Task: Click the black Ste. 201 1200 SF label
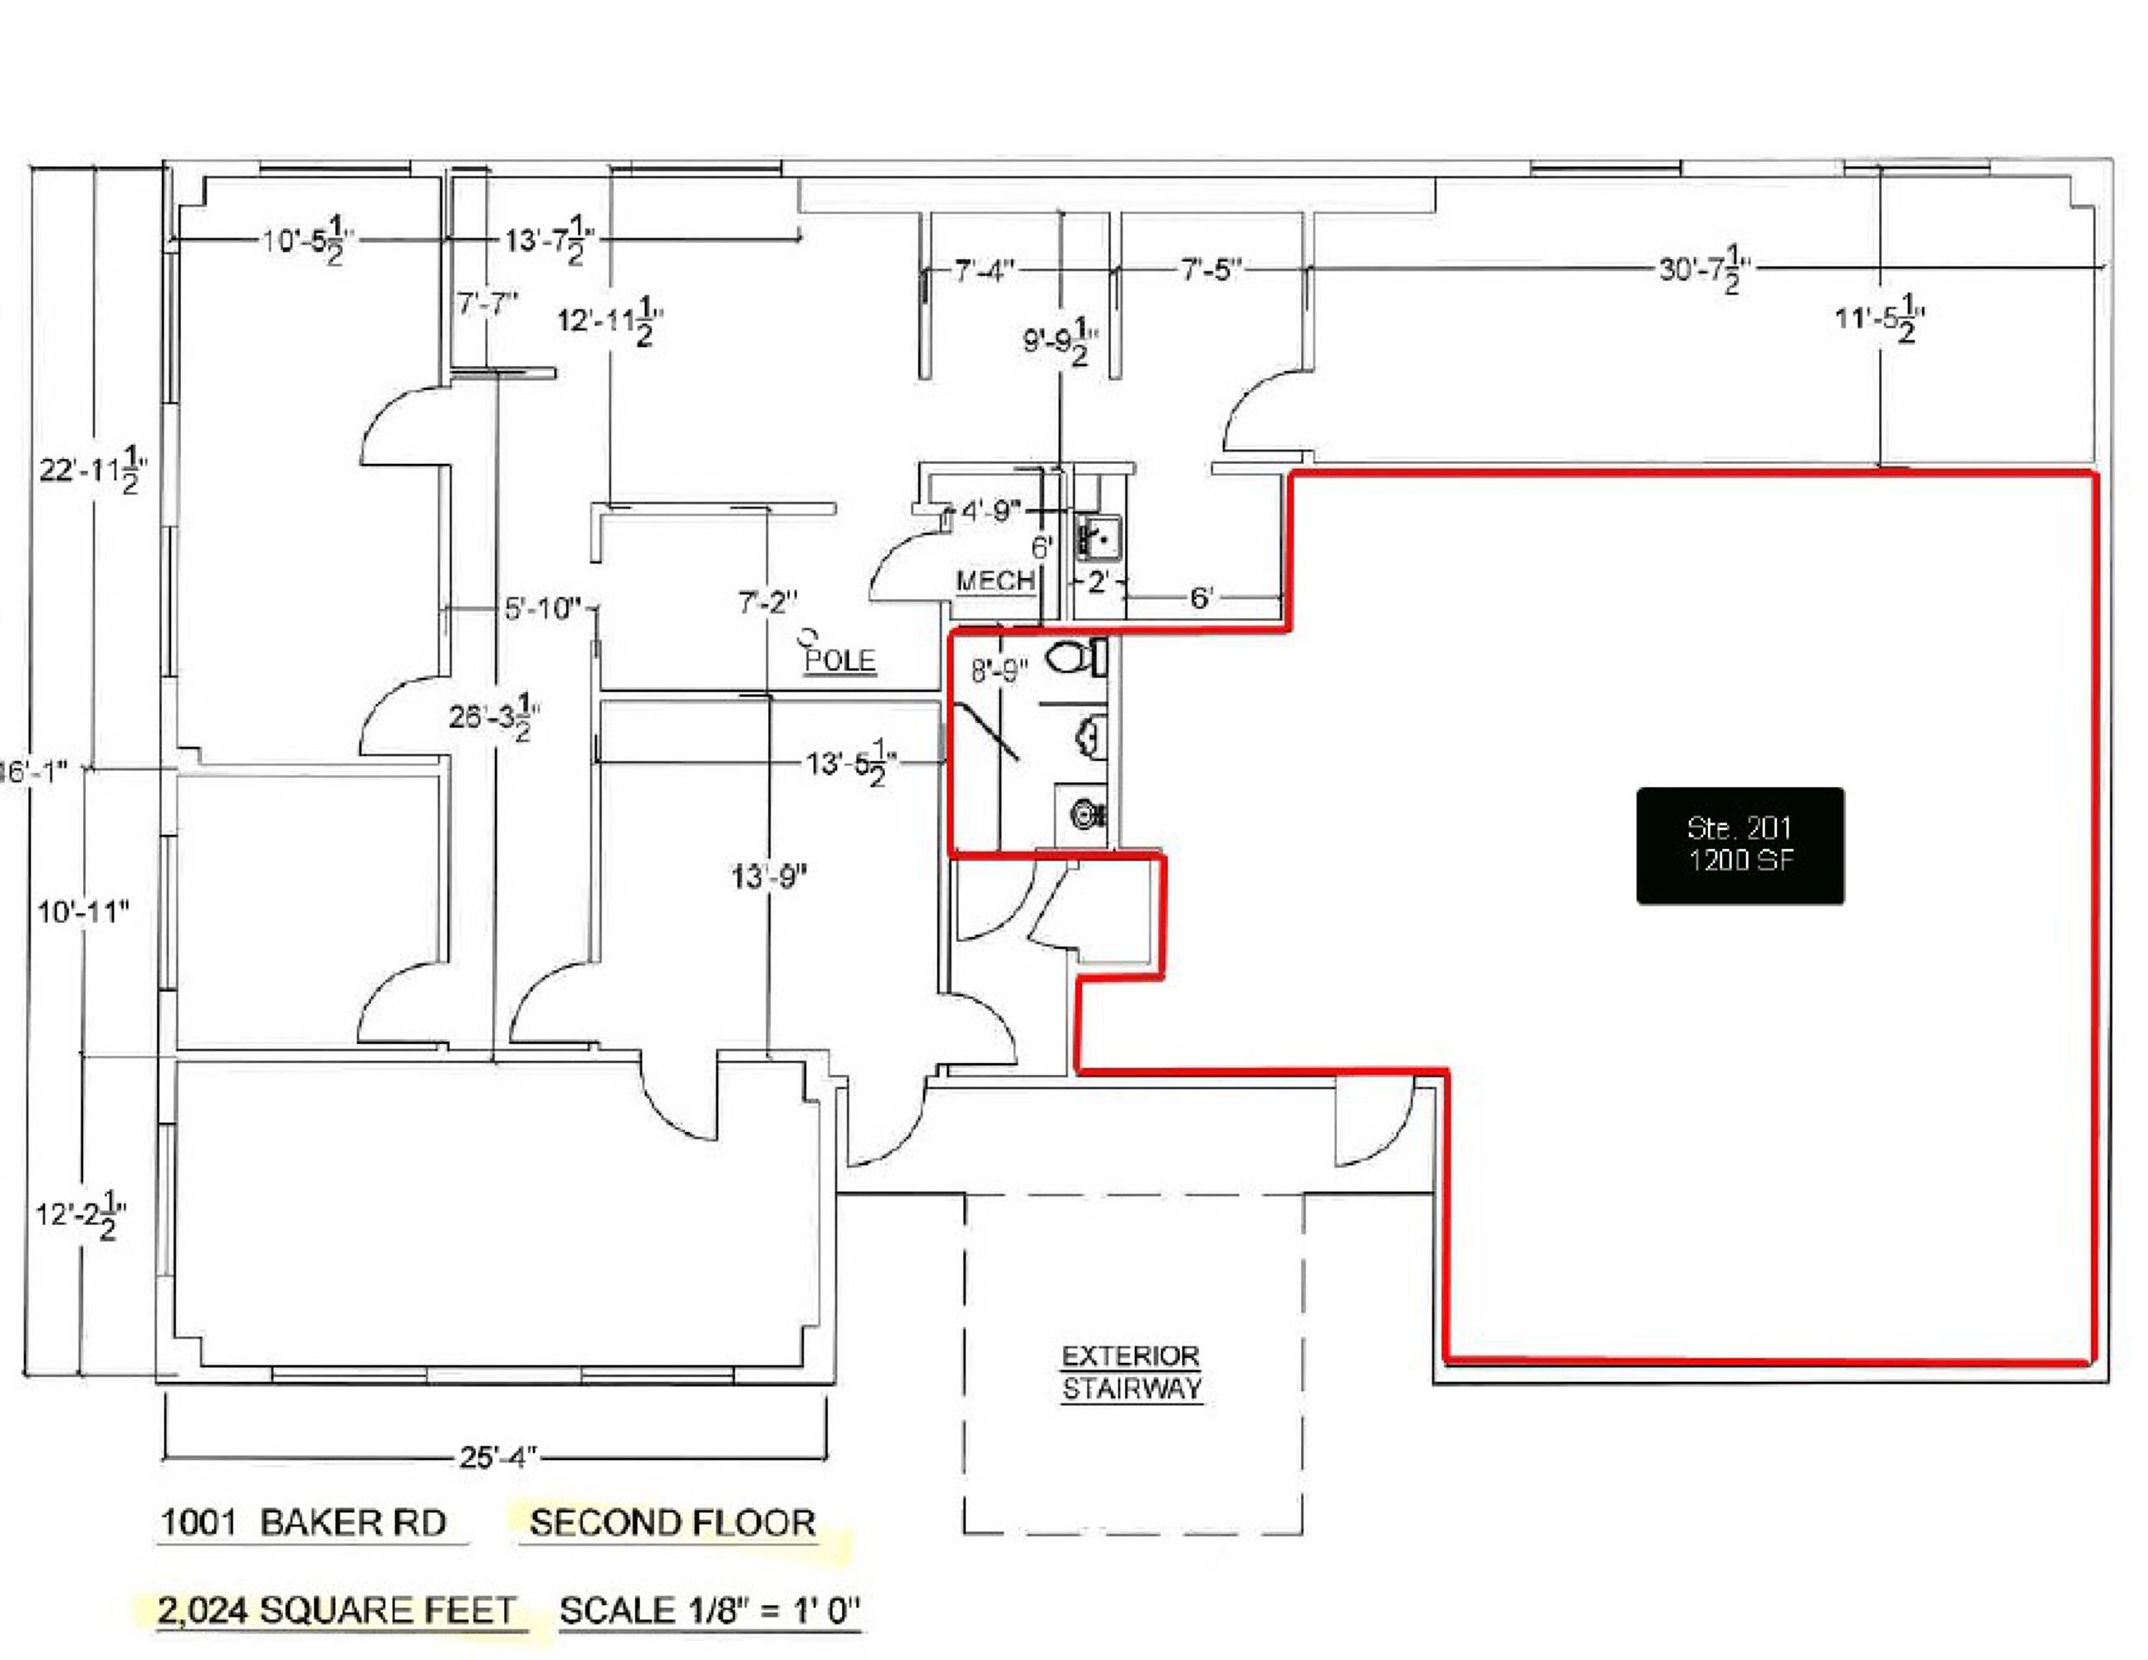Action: point(1739,846)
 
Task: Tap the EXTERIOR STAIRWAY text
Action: point(1131,1373)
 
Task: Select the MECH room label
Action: point(996,580)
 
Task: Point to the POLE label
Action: point(839,659)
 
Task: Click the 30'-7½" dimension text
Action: point(1705,267)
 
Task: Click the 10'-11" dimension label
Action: point(84,911)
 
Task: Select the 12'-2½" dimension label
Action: point(81,1215)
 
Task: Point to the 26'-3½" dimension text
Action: point(495,717)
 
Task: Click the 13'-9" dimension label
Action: point(769,876)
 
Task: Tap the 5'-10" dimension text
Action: point(543,608)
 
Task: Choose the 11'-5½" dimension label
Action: point(1880,319)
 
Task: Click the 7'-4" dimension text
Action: point(985,270)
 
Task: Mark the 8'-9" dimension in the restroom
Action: point(999,671)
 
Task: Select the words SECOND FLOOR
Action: point(673,1522)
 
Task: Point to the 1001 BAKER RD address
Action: point(303,1522)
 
